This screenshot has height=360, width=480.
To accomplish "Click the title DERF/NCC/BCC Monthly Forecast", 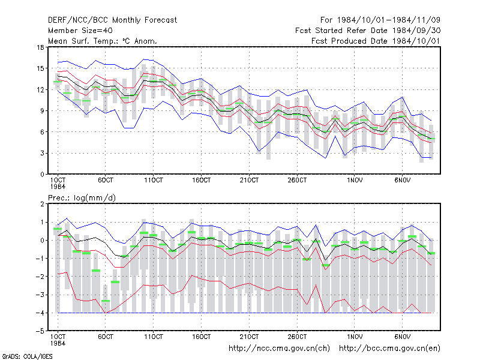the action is pos(112,20).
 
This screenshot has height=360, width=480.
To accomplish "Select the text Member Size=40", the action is pos(80,31).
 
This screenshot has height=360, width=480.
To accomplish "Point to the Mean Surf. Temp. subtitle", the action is pos(103,41).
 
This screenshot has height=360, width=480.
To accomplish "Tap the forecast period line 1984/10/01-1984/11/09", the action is pos(380,20).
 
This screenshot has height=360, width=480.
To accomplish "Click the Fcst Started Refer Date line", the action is pos(368,31).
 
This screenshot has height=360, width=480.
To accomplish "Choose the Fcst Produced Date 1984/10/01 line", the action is pos(376,41).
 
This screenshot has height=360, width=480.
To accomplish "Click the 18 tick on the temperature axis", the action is pos(41,47).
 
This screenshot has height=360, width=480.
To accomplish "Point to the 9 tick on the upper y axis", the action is pos(42,111).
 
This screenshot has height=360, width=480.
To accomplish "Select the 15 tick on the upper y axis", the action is pos(41,68).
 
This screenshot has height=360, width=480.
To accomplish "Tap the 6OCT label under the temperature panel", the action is pos(106,181).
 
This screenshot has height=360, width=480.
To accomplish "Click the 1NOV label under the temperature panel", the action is pos(355,181).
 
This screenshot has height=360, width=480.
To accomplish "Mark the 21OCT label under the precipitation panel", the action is pos(249,337).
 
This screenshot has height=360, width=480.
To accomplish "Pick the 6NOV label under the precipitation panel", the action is pos(402,337).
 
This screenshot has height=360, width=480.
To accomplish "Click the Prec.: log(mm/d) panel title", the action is pos(82,198).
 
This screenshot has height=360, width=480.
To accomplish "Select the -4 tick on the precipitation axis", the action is pos(40,313).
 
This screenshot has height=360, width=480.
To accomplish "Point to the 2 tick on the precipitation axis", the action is pos(42,204).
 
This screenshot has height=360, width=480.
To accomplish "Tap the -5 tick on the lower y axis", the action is pos(40,331).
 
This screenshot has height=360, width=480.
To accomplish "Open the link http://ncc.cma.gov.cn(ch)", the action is pos(279,349).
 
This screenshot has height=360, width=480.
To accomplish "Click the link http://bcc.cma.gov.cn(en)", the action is pos(389,349).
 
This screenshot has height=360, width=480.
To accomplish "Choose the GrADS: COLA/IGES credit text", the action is pos(28,356).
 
